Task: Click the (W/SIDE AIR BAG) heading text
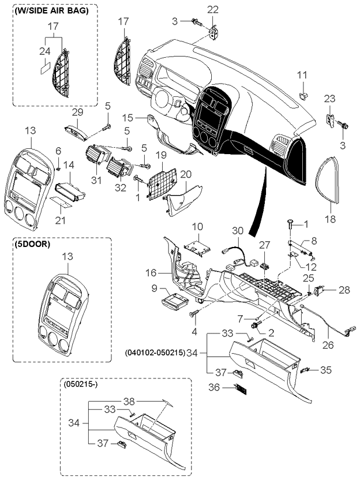tap(51, 11)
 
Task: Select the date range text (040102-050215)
tap(155, 353)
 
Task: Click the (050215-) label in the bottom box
tap(81, 384)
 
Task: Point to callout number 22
tap(212, 9)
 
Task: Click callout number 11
tap(302, 75)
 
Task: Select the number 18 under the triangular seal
tap(331, 219)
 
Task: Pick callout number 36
tap(214, 387)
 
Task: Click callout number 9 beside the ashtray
tap(154, 288)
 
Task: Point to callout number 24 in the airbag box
tap(45, 51)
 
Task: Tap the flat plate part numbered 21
tap(61, 201)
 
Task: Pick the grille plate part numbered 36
tap(241, 389)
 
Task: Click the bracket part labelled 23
tap(331, 120)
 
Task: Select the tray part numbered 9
tap(174, 301)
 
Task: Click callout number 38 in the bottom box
tap(130, 401)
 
